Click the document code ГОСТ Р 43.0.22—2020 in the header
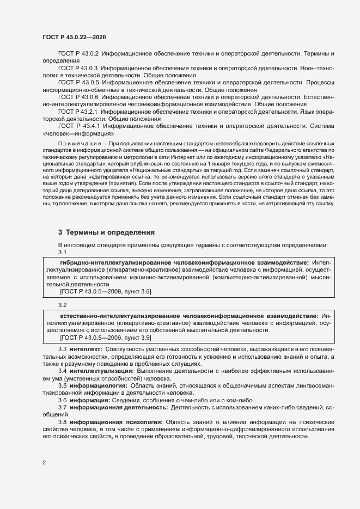point(74,37)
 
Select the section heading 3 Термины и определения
point(103,232)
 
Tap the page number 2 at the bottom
point(44,463)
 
